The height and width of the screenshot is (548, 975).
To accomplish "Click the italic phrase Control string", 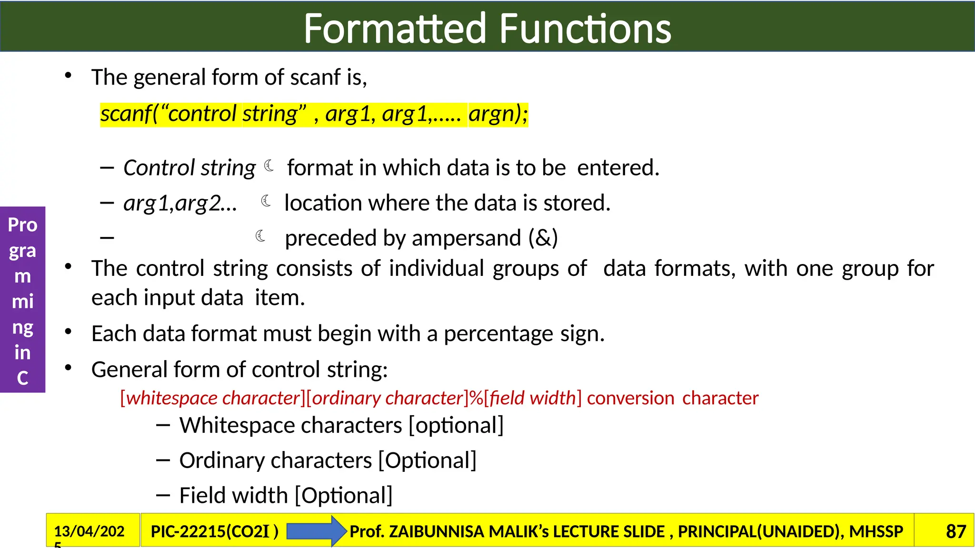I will [189, 168].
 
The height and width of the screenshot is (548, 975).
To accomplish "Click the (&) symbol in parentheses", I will [543, 238].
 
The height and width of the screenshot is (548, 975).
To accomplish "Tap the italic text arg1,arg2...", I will [180, 203].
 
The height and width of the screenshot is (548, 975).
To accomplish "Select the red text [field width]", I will [532, 398].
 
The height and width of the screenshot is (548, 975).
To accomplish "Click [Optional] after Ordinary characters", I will [427, 460].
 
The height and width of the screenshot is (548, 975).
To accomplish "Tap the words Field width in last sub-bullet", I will [234, 496].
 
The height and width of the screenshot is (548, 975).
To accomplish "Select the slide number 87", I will [955, 531].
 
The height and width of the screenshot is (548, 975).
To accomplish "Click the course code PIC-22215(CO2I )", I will [214, 531].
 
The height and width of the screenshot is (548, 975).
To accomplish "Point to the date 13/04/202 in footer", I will [89, 531].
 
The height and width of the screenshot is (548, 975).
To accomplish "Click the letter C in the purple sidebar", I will [22, 378].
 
